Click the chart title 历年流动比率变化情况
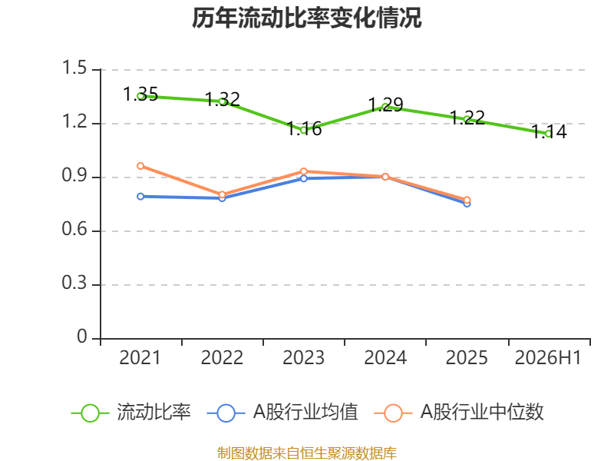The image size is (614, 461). [x=306, y=18]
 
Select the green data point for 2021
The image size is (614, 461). [x=140, y=95]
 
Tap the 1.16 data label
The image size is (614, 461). [x=304, y=128]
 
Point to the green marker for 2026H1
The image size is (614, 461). [x=549, y=134]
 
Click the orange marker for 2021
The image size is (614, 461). [x=140, y=166]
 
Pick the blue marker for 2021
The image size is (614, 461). [x=140, y=197]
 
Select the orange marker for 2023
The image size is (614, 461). [x=304, y=171]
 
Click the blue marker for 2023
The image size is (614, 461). [x=304, y=178]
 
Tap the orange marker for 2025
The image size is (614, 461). [x=467, y=201]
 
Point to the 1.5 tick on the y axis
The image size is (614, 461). [x=74, y=68]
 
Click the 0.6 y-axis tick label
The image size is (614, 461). [x=74, y=229]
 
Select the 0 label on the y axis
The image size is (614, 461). [x=82, y=337]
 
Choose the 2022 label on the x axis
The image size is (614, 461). [x=222, y=358]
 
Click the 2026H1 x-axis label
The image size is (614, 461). [x=548, y=358]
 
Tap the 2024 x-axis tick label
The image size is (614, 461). [x=385, y=358]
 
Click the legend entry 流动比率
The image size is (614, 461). [x=131, y=413]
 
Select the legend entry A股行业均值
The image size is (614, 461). [x=282, y=413]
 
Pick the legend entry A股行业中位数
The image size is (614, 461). [x=459, y=413]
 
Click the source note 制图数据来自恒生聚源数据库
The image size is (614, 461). [x=307, y=453]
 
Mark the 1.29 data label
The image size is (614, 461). [x=386, y=104]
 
